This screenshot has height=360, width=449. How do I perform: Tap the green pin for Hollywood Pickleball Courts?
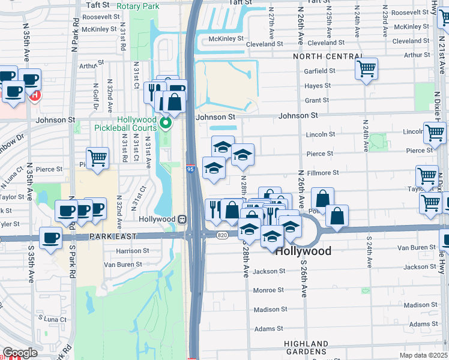[x=167, y=124]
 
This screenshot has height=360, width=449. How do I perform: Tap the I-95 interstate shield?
[x=190, y=170]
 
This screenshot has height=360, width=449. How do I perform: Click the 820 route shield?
[x=221, y=235]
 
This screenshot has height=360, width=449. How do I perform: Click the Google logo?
[x=20, y=353]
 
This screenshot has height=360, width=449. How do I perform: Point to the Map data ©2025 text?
[x=423, y=355]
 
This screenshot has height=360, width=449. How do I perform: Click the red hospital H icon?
[x=35, y=95]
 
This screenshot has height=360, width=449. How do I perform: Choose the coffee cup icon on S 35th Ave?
[x=50, y=238]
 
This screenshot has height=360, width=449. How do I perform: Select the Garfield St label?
[x=319, y=71]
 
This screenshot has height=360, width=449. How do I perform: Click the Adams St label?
[x=268, y=329]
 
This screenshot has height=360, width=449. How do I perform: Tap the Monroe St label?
[x=268, y=290]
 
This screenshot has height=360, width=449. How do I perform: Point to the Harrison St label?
[x=133, y=251]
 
